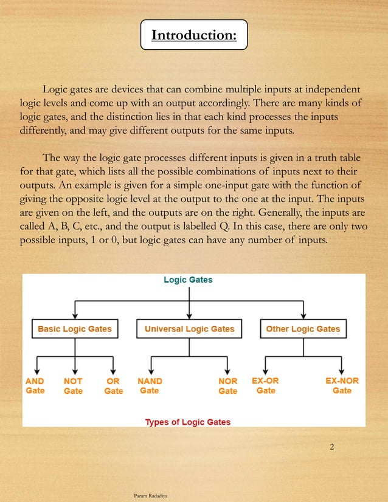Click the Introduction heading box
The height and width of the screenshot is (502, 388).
click(193, 35)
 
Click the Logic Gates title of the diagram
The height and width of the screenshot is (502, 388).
click(189, 280)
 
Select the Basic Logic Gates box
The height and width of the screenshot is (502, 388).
click(75, 329)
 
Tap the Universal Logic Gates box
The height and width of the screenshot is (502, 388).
click(189, 329)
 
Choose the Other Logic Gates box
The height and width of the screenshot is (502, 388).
click(303, 329)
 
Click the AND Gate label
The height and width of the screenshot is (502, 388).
click(35, 386)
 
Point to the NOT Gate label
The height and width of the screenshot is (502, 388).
click(73, 386)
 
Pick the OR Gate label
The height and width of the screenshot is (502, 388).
click(113, 386)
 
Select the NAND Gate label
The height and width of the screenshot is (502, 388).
click(150, 386)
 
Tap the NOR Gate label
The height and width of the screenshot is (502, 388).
click(227, 386)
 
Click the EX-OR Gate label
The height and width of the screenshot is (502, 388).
click(265, 386)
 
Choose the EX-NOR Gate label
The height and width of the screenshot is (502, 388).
click(342, 386)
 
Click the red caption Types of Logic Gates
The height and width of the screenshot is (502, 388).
click(188, 422)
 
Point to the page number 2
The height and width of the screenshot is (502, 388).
click(331, 448)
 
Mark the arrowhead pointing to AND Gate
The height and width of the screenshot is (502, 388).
click(37, 371)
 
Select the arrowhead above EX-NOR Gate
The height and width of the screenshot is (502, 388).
click(341, 371)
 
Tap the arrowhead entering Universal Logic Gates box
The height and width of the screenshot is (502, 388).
click(189, 315)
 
